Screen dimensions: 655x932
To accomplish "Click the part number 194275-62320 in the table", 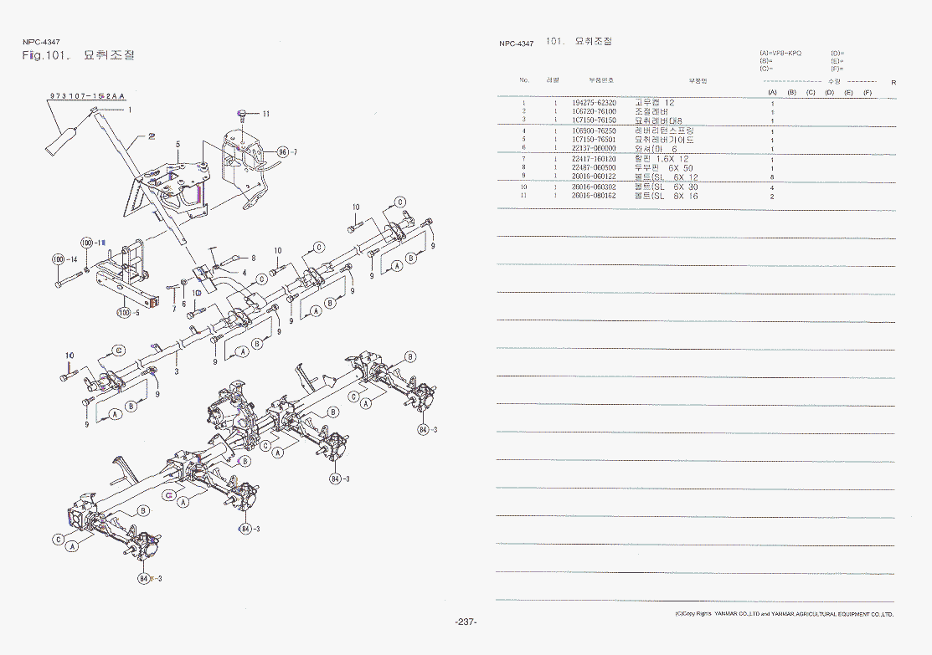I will (594, 103).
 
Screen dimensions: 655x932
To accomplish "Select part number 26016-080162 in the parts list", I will (594, 196).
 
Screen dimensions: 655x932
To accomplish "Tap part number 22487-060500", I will (594, 168).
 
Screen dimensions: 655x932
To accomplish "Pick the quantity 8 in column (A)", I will (772, 177).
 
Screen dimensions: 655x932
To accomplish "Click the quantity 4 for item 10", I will (772, 187).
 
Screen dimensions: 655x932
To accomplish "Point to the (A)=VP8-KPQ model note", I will (780, 53).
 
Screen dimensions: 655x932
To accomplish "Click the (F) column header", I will (868, 92).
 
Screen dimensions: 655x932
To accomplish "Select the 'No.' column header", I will (524, 80).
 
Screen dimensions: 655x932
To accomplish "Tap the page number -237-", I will (466, 622).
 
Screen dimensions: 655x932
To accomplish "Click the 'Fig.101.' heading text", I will (44, 55).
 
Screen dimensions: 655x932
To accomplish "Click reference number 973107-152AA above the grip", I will (87, 96).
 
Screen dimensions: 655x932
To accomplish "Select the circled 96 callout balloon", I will (282, 152).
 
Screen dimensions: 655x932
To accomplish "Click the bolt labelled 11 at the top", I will (242, 111).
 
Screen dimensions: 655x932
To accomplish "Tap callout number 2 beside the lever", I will (152, 135).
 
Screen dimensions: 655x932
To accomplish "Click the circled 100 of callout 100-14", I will (58, 260).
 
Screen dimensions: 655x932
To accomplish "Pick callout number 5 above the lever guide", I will (178, 145).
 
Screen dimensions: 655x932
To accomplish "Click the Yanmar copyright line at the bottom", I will (784, 614).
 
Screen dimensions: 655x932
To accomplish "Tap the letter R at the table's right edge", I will (893, 82).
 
